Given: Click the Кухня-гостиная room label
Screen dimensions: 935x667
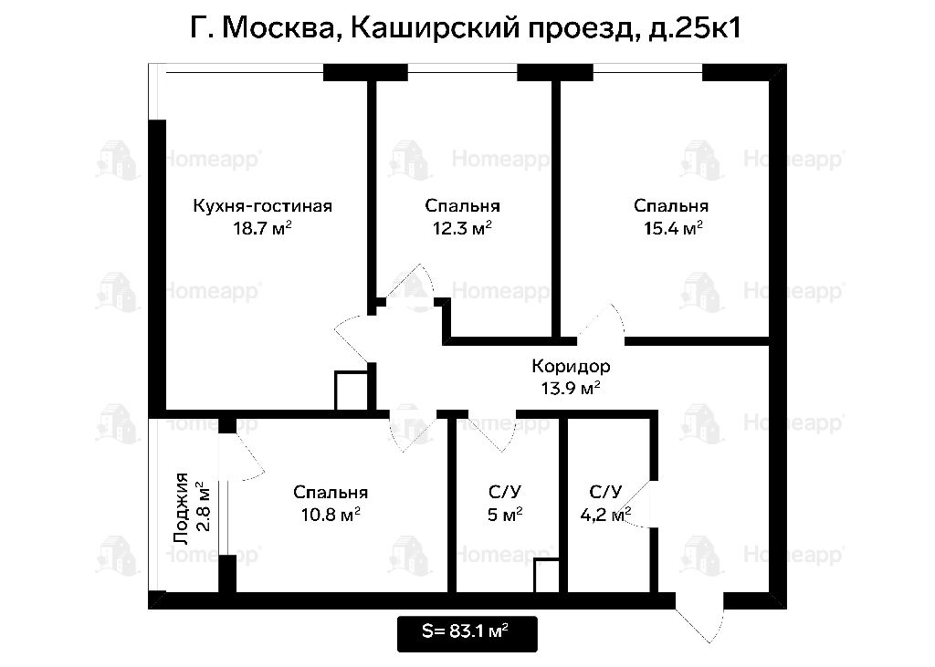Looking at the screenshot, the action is coord(262,206).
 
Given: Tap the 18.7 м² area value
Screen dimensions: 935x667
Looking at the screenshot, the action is coord(262,228).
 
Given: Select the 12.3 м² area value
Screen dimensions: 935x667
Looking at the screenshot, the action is coord(462,228).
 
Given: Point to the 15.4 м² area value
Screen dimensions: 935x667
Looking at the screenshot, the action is coord(673,228).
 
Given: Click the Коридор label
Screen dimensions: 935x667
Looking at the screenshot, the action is coord(571,366).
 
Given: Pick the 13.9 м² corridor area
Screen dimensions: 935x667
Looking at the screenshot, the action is coord(570,389).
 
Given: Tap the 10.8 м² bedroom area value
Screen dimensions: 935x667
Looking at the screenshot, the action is coord(331,515).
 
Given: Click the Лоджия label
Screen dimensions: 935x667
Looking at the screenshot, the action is coord(182,508).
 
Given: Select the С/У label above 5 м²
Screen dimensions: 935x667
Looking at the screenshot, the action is coord(504,493).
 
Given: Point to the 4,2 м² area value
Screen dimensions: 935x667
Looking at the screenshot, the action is coord(606,515).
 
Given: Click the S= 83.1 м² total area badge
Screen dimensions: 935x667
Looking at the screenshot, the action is coord(467,633).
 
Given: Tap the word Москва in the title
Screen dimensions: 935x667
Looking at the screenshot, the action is coord(278,28).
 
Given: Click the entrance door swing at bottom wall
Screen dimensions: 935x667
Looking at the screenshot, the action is coord(699,617).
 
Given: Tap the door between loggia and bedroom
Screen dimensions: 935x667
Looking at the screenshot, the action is coord(244,456).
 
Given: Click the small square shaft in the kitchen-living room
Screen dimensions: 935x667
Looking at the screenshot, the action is coord(352,391).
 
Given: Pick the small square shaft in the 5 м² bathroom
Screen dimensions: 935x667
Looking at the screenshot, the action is coord(546,576).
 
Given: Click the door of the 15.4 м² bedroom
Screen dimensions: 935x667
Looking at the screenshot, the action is coord(601,325).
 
